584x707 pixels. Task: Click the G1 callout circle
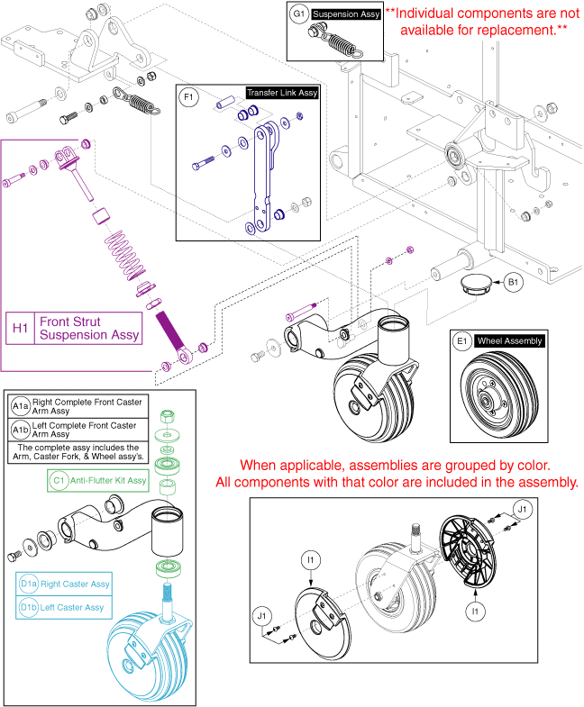pos(298,15)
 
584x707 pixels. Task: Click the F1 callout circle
pos(188,96)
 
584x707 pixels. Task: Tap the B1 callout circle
pos(513,283)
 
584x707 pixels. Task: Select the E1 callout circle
pos(461,341)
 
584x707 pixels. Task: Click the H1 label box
pos(19,328)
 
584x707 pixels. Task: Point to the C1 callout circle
pos(58,481)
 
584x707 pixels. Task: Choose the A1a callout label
pos(20,405)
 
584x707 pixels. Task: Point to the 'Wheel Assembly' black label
pos(509,341)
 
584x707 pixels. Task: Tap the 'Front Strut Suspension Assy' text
pos(88,328)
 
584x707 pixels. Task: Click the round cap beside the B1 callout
pos(474,284)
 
